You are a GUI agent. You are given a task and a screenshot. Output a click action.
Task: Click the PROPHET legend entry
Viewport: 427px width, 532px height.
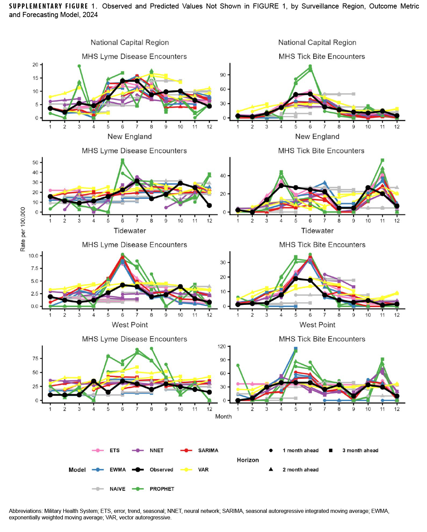click(x=162, y=489)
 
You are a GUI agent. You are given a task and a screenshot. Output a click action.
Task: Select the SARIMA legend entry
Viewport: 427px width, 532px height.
click(x=208, y=450)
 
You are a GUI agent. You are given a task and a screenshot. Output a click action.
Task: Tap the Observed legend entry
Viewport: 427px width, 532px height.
click(x=161, y=470)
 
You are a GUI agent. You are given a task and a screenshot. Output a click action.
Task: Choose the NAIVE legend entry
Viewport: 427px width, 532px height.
click(x=117, y=489)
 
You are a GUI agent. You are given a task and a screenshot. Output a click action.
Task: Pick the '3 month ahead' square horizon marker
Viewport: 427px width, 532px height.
click(x=331, y=450)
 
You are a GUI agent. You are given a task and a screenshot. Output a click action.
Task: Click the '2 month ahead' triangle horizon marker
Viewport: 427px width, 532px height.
click(x=271, y=469)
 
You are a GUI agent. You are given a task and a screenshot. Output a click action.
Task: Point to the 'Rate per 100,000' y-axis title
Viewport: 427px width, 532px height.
click(x=23, y=229)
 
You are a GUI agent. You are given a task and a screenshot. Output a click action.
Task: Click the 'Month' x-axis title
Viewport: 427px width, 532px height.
click(x=223, y=416)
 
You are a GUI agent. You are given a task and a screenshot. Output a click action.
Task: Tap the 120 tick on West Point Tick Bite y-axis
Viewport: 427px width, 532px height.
click(x=222, y=346)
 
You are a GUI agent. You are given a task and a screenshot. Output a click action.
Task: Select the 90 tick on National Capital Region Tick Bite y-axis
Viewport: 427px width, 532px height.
click(x=223, y=75)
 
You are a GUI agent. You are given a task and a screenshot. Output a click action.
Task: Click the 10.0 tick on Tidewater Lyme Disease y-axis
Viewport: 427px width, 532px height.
click(x=35, y=256)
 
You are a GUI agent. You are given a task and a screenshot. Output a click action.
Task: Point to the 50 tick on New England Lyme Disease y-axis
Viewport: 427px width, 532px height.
click(x=36, y=162)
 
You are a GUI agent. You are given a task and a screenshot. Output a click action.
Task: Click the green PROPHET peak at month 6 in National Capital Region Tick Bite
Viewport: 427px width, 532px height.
click(x=310, y=66)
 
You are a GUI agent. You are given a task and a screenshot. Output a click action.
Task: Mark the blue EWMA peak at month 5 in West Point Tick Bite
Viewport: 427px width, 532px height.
click(x=295, y=349)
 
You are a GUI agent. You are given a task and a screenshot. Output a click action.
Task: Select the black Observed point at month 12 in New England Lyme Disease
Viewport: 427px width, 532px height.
click(x=209, y=205)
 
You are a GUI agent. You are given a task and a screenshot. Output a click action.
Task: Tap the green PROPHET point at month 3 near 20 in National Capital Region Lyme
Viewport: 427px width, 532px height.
click(x=79, y=66)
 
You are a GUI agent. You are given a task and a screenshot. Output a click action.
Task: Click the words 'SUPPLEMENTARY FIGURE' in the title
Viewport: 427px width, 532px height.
click(x=49, y=6)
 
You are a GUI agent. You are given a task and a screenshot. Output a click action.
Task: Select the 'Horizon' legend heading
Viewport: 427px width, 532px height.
click(x=248, y=460)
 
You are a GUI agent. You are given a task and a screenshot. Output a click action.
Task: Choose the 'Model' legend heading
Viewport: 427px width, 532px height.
click(x=77, y=470)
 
